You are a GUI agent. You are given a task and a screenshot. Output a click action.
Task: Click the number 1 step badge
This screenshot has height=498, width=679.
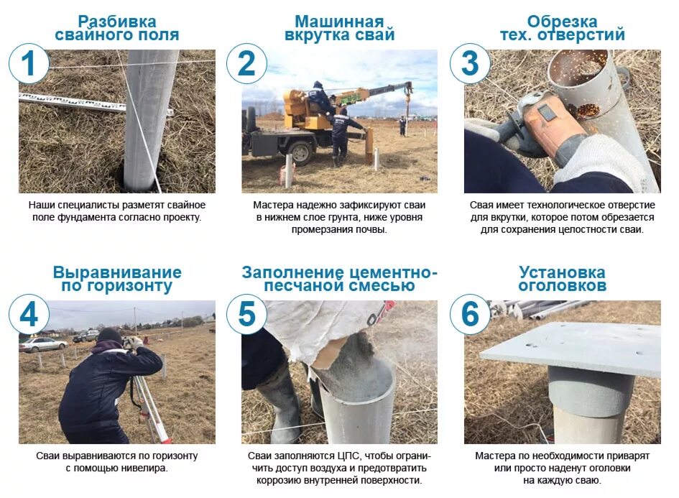(29, 64)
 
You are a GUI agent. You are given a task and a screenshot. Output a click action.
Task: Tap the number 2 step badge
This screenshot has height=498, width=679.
(247, 64)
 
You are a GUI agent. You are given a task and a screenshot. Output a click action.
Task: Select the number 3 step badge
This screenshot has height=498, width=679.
(471, 64)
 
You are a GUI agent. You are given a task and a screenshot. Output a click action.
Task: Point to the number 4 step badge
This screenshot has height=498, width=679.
(29, 314)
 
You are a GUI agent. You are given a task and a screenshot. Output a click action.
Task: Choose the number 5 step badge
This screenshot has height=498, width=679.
(247, 314)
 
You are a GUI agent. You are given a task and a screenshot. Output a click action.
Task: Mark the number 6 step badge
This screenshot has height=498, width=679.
(471, 314)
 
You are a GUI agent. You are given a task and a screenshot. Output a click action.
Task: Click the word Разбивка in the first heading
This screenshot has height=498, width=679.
(117, 22)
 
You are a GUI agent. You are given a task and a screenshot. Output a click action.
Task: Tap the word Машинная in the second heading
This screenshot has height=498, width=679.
(339, 22)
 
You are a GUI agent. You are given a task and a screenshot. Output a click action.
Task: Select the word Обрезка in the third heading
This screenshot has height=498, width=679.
(562, 22)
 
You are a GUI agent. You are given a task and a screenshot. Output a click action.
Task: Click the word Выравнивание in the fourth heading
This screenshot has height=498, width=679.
(117, 272)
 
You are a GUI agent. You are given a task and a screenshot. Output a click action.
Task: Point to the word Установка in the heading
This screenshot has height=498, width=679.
(562, 272)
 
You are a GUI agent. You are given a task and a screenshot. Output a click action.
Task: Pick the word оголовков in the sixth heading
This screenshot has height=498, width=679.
(562, 286)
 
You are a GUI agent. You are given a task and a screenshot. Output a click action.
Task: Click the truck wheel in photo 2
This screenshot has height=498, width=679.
(300, 152)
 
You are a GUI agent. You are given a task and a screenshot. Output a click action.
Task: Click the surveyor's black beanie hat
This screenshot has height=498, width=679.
(109, 336)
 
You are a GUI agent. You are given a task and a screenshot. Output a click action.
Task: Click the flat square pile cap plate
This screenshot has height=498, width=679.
(570, 347)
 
